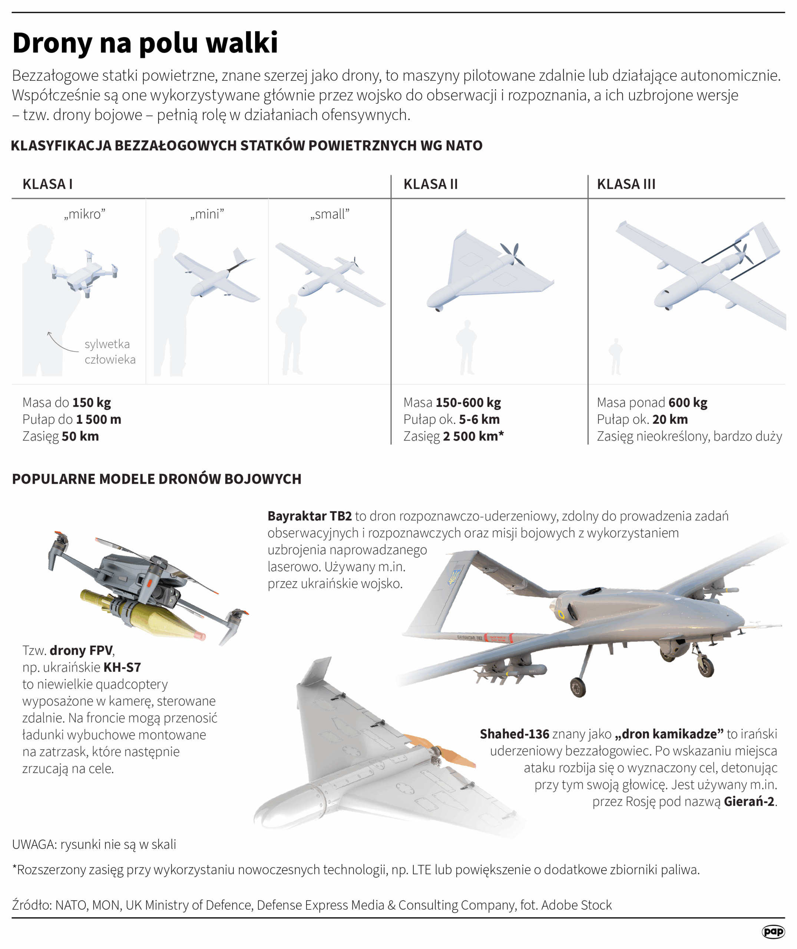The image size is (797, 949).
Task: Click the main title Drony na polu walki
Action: (145, 43)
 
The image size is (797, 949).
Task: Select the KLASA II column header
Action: (431, 184)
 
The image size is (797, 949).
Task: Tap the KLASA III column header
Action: (626, 184)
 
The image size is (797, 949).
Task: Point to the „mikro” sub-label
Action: (85, 214)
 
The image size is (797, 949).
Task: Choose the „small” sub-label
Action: (330, 214)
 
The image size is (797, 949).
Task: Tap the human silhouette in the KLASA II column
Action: (467, 347)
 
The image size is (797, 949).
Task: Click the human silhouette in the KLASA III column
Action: (615, 357)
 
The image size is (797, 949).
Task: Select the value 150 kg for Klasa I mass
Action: (92, 403)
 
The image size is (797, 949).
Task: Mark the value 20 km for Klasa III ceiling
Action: (670, 420)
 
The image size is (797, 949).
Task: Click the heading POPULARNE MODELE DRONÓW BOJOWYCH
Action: (157, 479)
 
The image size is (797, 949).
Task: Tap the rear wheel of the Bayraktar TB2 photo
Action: (578, 687)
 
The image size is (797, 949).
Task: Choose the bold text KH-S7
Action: (122, 668)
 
